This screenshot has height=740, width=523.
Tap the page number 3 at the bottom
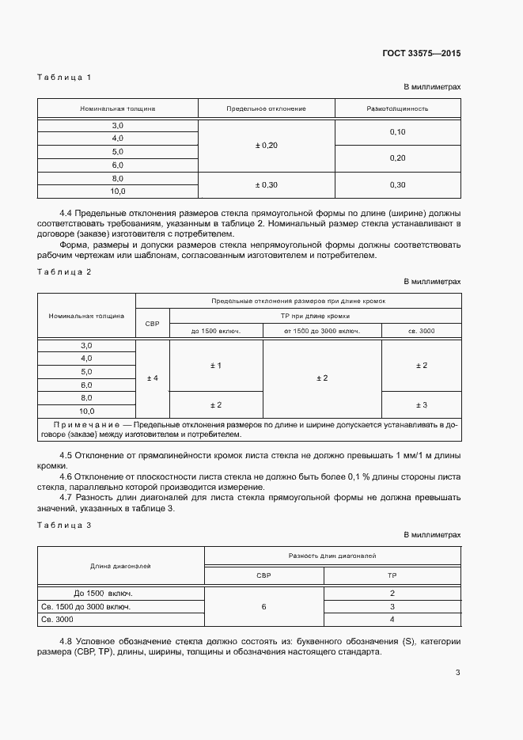(457, 673)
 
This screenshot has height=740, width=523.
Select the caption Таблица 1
(65, 77)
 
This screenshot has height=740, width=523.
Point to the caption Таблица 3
(65, 525)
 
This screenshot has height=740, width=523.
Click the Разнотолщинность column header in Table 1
(397, 108)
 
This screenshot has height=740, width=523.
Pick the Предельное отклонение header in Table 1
(266, 108)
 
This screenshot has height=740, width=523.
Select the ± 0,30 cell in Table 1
(266, 184)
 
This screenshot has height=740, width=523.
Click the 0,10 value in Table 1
(397, 132)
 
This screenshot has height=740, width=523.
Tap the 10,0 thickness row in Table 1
(117, 192)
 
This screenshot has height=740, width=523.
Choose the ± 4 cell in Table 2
(153, 378)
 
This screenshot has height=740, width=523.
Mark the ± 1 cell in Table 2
(215, 365)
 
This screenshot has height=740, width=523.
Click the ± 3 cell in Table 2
(421, 404)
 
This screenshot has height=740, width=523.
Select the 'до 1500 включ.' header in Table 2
(215, 330)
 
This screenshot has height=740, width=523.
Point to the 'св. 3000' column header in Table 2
(421, 330)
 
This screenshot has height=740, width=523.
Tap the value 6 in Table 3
(263, 606)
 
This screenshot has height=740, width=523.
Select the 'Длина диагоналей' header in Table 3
(121, 566)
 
